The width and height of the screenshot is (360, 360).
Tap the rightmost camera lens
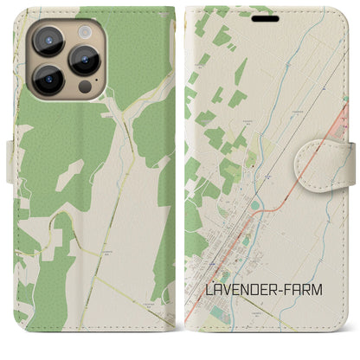(x=87, y=59)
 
